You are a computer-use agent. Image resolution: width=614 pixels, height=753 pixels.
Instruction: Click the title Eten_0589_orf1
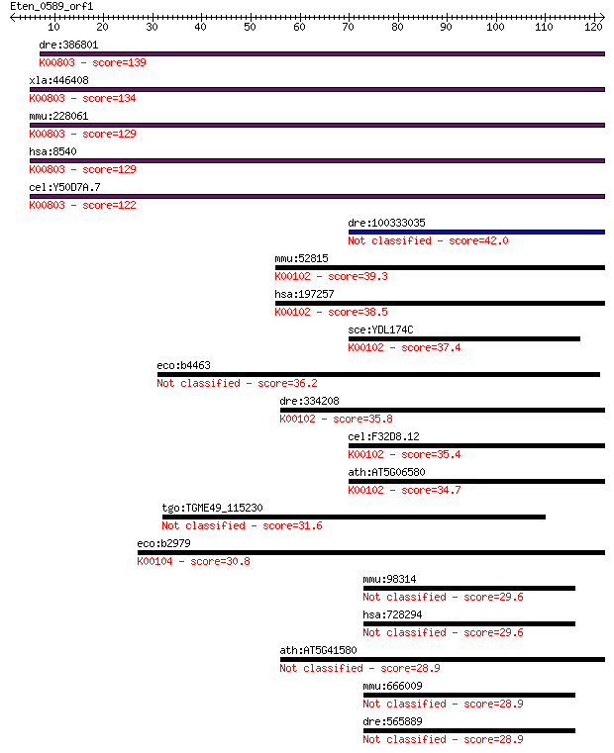click(x=51, y=6)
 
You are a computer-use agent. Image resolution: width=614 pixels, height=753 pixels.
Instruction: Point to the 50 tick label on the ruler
click(x=250, y=27)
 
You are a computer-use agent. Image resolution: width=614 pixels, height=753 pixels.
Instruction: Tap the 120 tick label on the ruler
click(x=593, y=27)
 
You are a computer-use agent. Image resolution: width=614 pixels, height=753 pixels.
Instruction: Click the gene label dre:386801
click(x=68, y=45)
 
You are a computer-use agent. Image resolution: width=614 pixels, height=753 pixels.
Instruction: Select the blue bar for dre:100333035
click(x=476, y=232)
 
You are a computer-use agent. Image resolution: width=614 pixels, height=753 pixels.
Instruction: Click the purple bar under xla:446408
click(x=317, y=89)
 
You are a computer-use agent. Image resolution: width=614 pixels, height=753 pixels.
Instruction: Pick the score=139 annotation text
click(x=119, y=62)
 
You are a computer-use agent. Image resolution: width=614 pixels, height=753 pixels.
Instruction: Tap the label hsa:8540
click(x=52, y=151)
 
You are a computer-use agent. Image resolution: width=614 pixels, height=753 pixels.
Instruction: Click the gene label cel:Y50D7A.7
click(x=65, y=187)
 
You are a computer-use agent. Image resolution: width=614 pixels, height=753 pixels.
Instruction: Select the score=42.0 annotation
click(x=478, y=240)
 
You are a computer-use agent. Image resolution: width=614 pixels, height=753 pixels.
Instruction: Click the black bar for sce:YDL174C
click(x=464, y=338)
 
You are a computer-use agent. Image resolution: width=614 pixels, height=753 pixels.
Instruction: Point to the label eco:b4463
click(x=183, y=365)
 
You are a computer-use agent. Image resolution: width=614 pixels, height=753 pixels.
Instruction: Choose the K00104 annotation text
click(x=154, y=561)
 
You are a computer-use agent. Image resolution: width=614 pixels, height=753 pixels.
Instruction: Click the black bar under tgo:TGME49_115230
click(x=354, y=517)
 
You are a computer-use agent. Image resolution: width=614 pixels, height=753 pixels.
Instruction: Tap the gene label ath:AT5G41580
click(x=318, y=650)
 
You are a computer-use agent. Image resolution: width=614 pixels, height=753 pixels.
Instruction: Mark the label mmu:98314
click(x=389, y=579)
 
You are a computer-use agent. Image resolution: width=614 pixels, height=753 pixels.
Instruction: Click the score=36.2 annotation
click(x=287, y=383)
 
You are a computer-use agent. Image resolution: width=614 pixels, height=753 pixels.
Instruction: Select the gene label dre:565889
click(x=392, y=721)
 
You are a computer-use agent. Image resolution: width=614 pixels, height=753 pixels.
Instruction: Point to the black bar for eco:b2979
click(x=371, y=553)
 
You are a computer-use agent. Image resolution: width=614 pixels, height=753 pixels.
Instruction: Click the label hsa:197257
click(x=304, y=294)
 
